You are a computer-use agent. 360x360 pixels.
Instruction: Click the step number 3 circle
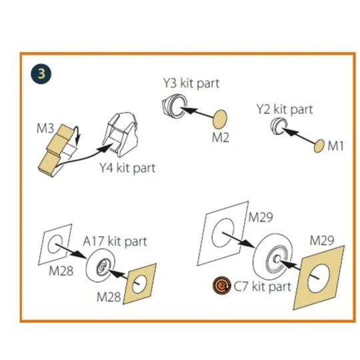click(41, 74)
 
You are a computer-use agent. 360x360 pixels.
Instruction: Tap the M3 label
click(45, 128)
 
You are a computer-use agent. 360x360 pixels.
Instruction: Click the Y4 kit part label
click(127, 168)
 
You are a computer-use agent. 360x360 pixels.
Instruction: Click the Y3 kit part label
click(191, 83)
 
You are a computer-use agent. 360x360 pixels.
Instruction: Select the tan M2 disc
click(221, 119)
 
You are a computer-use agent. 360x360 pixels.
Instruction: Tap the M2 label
click(221, 138)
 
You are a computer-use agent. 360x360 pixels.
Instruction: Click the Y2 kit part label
click(285, 109)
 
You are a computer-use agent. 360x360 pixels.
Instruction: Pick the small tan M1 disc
click(319, 146)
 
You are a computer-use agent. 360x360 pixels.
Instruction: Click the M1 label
click(335, 146)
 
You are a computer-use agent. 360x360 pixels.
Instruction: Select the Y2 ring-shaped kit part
click(279, 126)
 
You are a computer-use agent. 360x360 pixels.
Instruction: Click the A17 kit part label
click(115, 241)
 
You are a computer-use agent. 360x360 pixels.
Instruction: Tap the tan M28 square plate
click(140, 284)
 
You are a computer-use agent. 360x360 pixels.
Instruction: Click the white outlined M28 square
click(55, 245)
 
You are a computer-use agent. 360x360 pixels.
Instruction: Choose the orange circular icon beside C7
click(221, 285)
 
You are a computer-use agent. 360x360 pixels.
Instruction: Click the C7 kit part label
click(263, 287)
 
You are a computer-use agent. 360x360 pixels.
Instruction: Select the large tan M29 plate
click(319, 278)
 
